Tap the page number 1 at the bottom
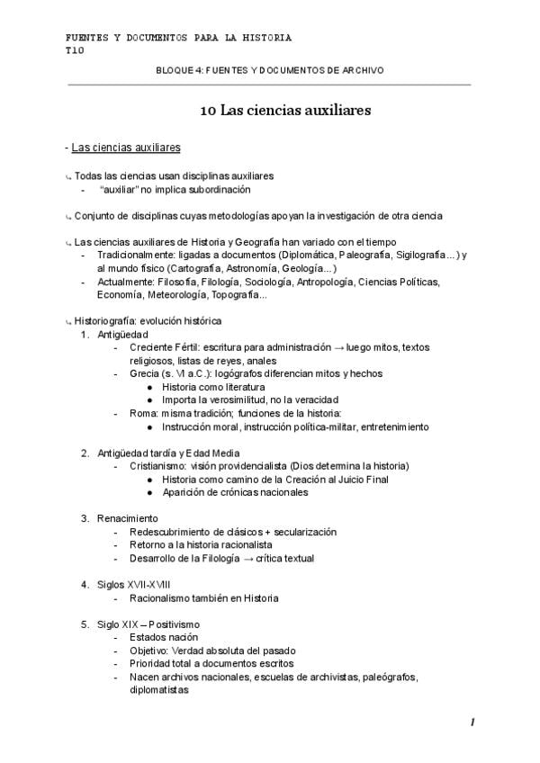(472, 723)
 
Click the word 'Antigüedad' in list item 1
(123, 334)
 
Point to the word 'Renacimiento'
(128, 518)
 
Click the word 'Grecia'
(148, 373)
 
